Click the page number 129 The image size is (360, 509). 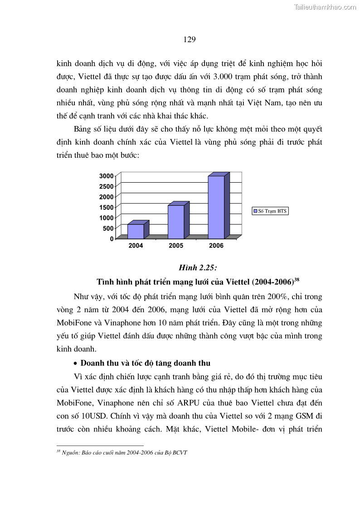(x=190, y=39)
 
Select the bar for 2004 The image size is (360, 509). (x=136, y=231)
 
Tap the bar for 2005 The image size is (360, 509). (x=176, y=222)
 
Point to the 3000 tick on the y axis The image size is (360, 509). (x=107, y=176)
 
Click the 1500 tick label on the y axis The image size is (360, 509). (x=107, y=207)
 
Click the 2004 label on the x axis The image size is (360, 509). (x=136, y=246)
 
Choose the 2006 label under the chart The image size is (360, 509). (x=216, y=246)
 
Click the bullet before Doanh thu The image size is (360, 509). (x=76, y=364)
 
